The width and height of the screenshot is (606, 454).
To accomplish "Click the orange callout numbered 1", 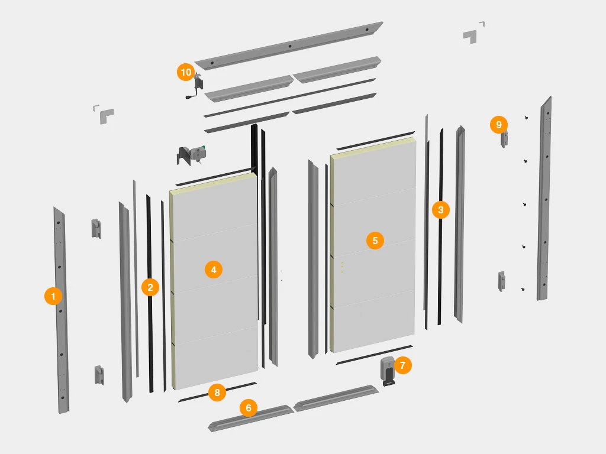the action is [53, 296].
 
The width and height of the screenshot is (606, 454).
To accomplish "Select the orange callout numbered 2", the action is [150, 287].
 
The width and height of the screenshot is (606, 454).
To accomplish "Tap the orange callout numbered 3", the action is [440, 210].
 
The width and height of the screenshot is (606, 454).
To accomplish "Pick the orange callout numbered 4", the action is [213, 270].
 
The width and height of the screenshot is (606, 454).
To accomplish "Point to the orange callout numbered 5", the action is [375, 241].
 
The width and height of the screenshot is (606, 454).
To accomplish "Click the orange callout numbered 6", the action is [249, 408].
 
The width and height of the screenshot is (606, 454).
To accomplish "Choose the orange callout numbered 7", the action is [402, 365].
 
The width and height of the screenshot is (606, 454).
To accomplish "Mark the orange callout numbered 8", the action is [217, 393].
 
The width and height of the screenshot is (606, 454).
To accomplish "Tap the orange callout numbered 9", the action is [498, 125].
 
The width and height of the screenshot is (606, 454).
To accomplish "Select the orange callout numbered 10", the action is [186, 72].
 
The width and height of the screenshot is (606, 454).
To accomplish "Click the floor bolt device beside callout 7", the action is [388, 371].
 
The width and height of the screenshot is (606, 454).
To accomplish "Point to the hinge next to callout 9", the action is [504, 140].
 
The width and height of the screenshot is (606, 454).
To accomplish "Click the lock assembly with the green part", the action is [192, 154].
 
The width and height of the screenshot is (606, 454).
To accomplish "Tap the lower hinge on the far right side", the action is [501, 281].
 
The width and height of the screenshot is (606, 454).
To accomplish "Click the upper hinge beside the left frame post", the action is [96, 229].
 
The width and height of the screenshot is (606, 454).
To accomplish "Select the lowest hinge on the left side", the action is [99, 375].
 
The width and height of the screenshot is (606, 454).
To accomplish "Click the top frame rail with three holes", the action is [289, 46].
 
